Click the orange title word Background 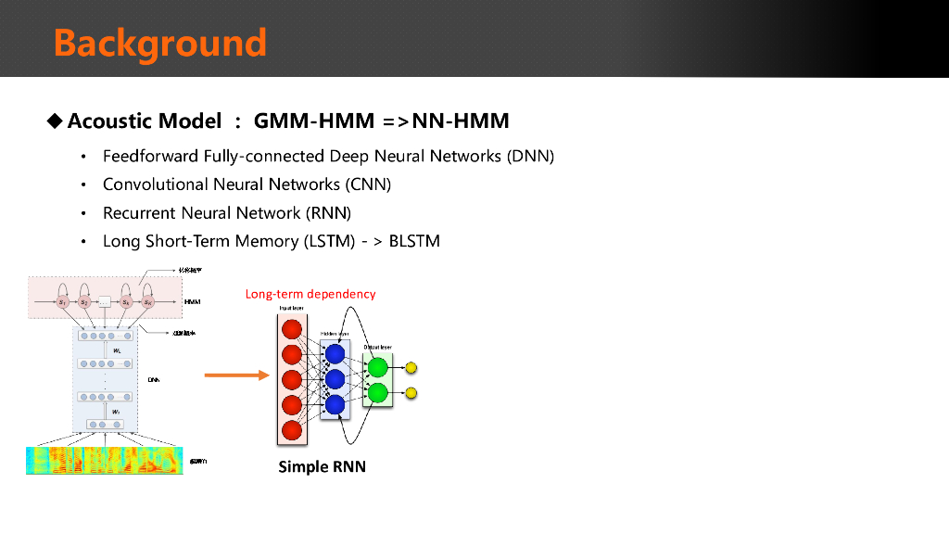[x=159, y=43]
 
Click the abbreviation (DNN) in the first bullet [x=530, y=156]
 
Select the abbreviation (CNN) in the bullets [x=369, y=184]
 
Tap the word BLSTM [x=414, y=242]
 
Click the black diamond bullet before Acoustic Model [x=56, y=121]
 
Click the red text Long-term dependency [x=310, y=294]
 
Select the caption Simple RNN [x=322, y=466]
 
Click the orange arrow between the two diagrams [x=235, y=375]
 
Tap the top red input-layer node [x=292, y=329]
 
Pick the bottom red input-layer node [x=292, y=430]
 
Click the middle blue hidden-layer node [x=335, y=379]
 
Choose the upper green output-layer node [x=377, y=367]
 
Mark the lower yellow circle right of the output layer [x=411, y=393]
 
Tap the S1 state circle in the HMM [x=62, y=302]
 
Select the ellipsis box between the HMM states [x=105, y=302]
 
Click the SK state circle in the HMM [x=147, y=302]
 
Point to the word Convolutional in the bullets [x=155, y=184]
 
